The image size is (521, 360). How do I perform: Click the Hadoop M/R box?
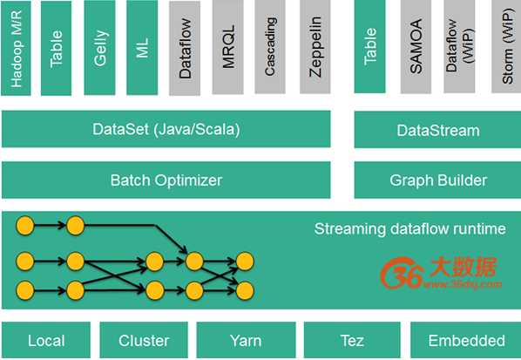pyautogui.click(x=16, y=48)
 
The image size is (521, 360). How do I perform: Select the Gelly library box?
pyautogui.click(x=99, y=48)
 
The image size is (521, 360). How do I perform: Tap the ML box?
pyautogui.click(x=142, y=48)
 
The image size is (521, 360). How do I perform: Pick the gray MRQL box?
pyautogui.click(x=228, y=48)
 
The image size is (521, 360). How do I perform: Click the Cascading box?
pyautogui.click(x=270, y=47)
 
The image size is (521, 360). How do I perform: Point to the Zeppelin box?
pyautogui.click(x=315, y=47)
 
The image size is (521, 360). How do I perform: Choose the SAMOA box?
pyautogui.click(x=416, y=47)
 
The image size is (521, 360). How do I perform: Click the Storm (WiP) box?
pyautogui.click(x=506, y=47)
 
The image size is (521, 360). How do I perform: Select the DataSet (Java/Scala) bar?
pyautogui.click(x=166, y=129)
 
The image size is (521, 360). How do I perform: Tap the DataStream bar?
pyautogui.click(x=437, y=130)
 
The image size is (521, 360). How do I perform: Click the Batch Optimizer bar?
pyautogui.click(x=166, y=180)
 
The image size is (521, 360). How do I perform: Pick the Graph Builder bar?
pyautogui.click(x=437, y=180)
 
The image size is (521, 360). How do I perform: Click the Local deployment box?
pyautogui.click(x=46, y=340)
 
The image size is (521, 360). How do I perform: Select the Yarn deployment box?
pyautogui.click(x=246, y=340)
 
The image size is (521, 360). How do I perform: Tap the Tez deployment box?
pyautogui.click(x=352, y=340)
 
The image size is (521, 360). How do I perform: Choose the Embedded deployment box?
pyautogui.click(x=466, y=340)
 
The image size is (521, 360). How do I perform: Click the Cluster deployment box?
pyautogui.click(x=144, y=340)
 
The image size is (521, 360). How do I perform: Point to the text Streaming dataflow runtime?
pyautogui.click(x=410, y=228)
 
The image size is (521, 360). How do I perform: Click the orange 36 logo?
pyautogui.click(x=402, y=273)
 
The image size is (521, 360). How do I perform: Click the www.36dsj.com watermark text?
pyautogui.click(x=463, y=284)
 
